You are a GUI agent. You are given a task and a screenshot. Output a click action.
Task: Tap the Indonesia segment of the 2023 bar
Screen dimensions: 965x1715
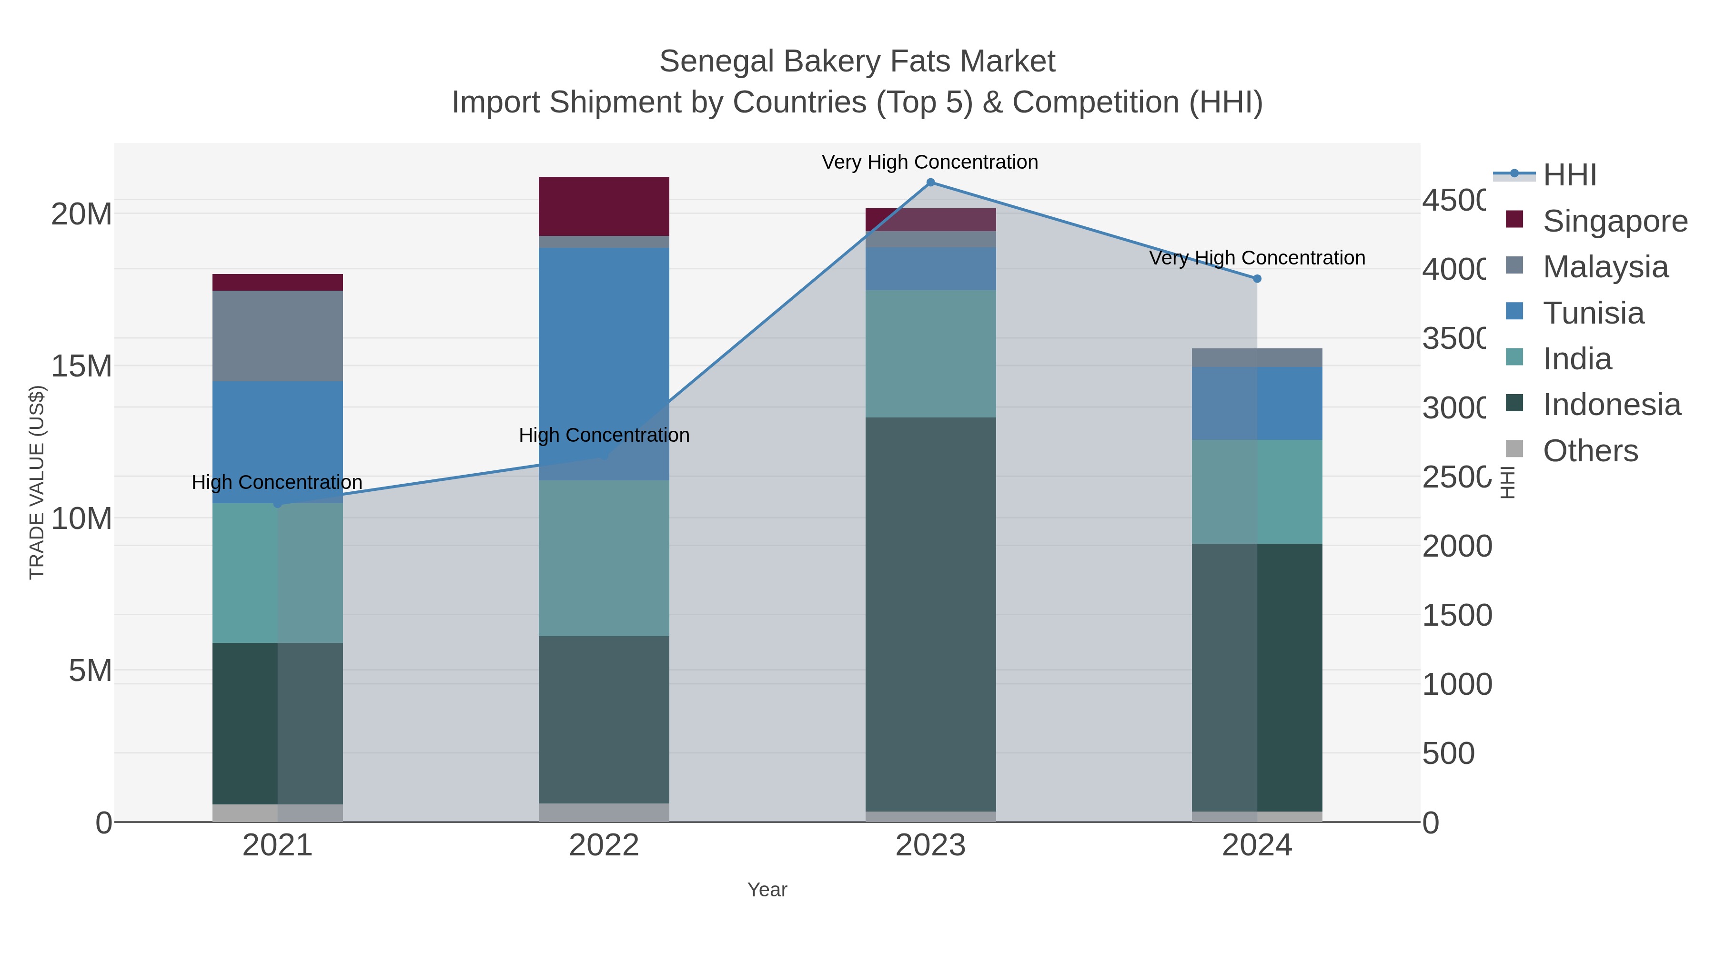coord(930,613)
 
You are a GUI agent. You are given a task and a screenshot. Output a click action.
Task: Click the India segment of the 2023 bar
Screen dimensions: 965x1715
coord(930,353)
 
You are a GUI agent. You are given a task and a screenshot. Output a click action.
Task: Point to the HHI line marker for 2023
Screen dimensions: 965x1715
coord(930,183)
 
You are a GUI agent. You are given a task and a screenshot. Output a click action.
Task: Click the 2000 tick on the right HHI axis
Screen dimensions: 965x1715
coord(1457,547)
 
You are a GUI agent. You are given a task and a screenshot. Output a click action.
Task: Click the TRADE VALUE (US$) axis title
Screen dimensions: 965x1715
coord(37,482)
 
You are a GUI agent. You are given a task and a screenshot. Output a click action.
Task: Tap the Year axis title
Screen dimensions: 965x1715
coord(767,890)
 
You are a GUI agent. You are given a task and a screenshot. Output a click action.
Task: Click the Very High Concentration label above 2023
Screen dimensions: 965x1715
coord(929,162)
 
